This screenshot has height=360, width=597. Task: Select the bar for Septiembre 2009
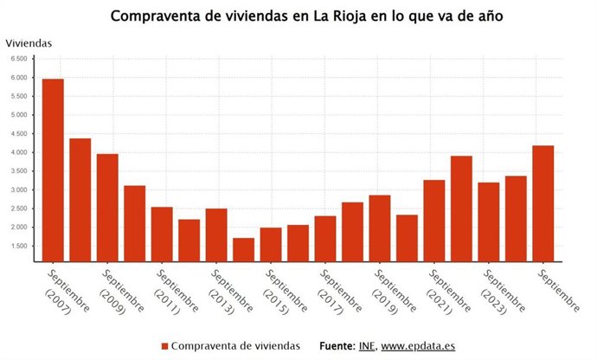[107, 208]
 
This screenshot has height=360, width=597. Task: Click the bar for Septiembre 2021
[434, 221]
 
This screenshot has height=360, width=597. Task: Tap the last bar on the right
[543, 203]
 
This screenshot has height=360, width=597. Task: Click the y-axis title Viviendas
[29, 42]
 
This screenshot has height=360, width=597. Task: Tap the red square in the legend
[164, 346]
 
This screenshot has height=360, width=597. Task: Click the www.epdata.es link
[418, 345]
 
